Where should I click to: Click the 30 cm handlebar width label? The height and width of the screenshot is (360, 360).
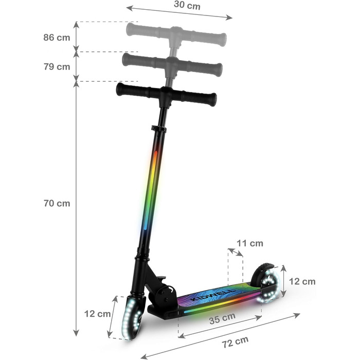[x=187, y=5]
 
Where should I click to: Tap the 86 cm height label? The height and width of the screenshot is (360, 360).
[x=57, y=37]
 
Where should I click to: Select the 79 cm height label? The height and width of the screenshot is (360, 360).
[x=57, y=66]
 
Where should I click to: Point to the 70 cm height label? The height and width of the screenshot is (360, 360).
[x=57, y=203]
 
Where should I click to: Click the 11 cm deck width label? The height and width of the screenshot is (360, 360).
[x=250, y=243]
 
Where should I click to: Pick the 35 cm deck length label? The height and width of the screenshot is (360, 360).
[x=222, y=318]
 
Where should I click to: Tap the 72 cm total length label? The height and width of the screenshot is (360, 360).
[x=235, y=342]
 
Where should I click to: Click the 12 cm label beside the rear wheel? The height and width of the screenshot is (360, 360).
[x=302, y=281]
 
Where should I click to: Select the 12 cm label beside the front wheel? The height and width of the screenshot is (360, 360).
[x=97, y=314]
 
